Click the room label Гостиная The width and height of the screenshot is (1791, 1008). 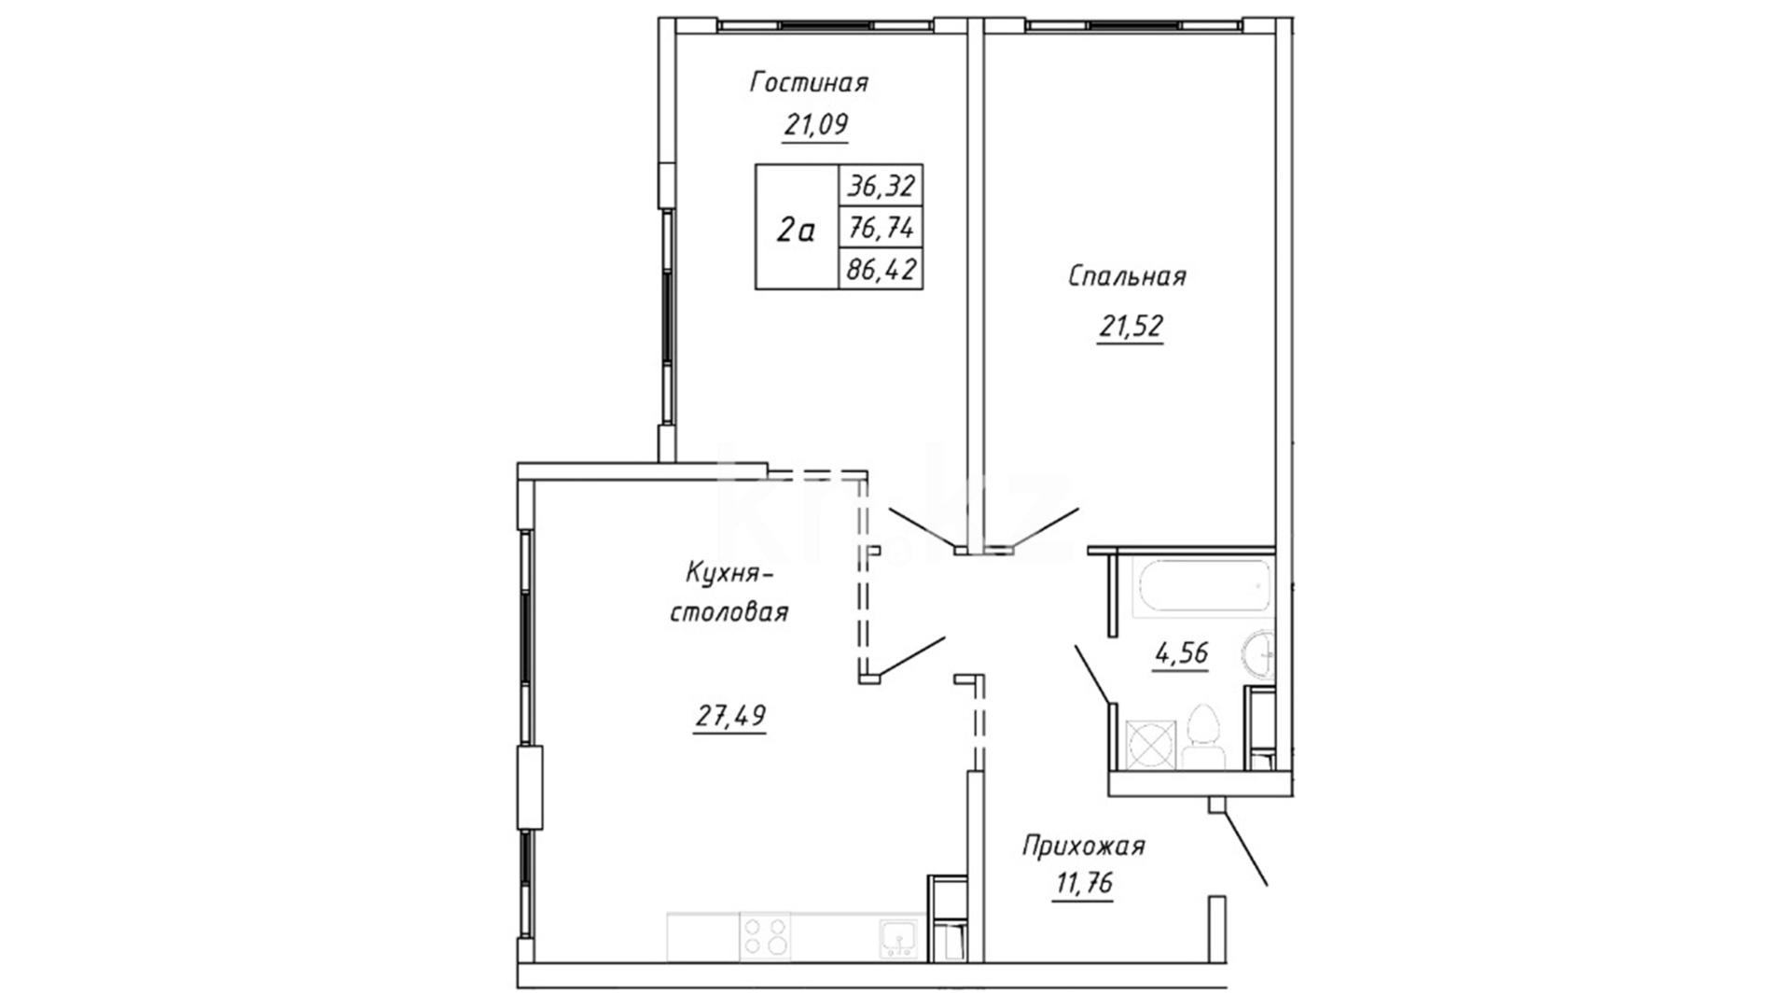click(810, 82)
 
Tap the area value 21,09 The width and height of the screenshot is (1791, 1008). click(816, 124)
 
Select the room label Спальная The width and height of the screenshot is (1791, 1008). click(1127, 276)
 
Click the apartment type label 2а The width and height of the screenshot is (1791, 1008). click(796, 229)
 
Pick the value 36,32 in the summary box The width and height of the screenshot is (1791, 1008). click(880, 187)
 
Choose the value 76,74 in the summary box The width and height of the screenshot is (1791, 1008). click(880, 228)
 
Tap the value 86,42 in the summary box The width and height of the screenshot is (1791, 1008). click(881, 270)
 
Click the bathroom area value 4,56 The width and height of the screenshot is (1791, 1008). click(1182, 654)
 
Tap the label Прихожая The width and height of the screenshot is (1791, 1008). click(1083, 847)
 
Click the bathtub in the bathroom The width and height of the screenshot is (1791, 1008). click(1202, 586)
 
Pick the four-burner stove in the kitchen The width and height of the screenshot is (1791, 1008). click(764, 936)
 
